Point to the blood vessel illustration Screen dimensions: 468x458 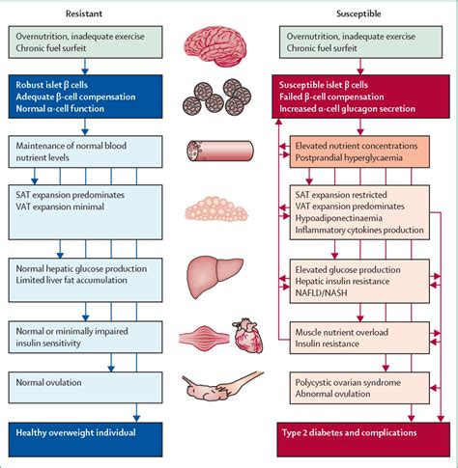[x=222, y=151]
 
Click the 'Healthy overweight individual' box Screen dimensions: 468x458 [x=74, y=434]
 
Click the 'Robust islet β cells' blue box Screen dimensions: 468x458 [x=74, y=98]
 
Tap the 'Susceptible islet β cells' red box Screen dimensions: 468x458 [x=352, y=98]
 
